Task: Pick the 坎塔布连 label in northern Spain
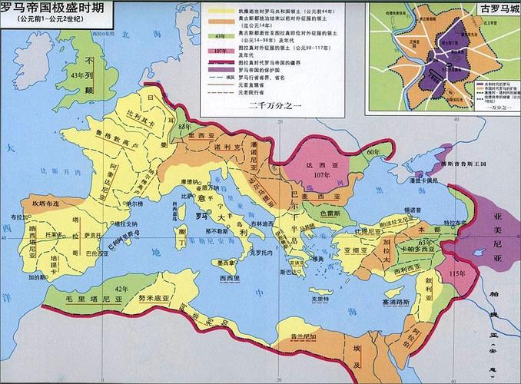pos(45,204)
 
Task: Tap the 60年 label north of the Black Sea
pos(374,152)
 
